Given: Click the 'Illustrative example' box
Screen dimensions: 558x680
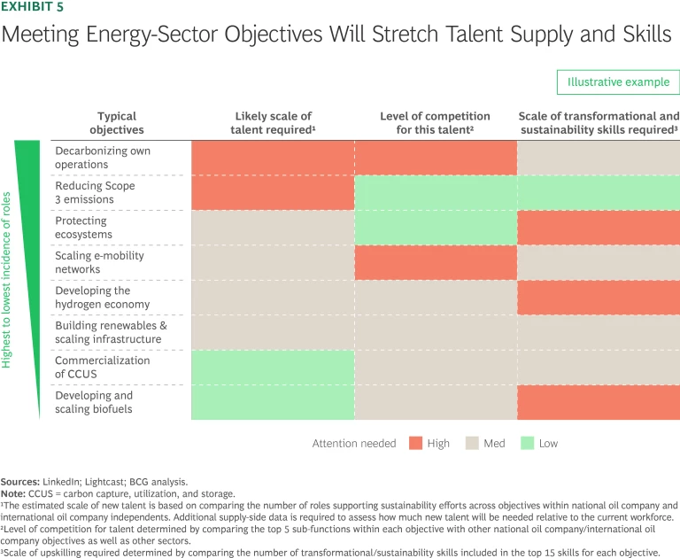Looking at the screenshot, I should [x=617, y=82].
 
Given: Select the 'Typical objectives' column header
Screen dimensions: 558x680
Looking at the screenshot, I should [x=120, y=122].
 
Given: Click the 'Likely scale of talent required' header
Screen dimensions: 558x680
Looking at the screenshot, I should [x=273, y=122].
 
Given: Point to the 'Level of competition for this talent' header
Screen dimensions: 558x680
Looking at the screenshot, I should [x=435, y=122].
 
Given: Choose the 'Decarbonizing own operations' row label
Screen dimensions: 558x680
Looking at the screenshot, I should [x=103, y=158].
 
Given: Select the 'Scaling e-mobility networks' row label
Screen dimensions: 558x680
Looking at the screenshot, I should [x=99, y=262].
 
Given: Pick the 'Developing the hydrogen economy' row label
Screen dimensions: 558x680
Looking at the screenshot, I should [x=103, y=298].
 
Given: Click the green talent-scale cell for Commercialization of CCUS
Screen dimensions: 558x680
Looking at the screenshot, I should [x=273, y=368].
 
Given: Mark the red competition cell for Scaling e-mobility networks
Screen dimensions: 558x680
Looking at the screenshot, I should [x=435, y=262].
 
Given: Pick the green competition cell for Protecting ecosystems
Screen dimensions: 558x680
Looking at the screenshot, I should [x=435, y=228].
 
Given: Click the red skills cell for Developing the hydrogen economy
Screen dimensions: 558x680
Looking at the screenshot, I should [x=599, y=298].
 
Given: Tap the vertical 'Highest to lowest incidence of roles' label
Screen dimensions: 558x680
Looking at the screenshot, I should [x=7, y=280].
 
